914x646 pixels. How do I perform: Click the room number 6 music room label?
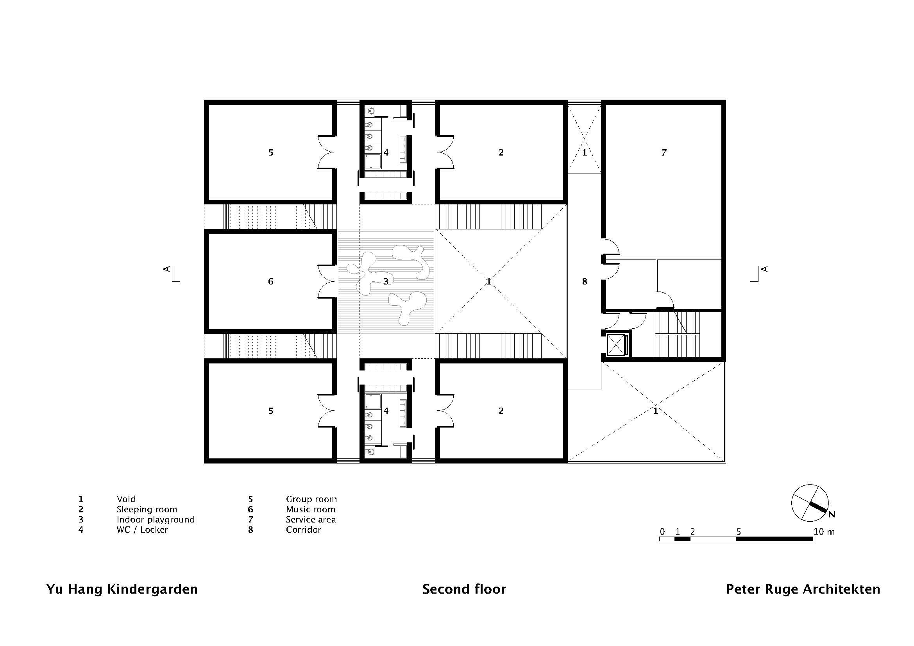(271, 282)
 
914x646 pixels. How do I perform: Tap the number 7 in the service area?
(664, 152)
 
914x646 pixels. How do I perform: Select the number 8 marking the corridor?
(584, 282)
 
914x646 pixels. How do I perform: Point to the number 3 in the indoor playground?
(386, 282)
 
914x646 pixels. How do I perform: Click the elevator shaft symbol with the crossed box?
(616, 344)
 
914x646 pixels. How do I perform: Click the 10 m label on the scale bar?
(824, 532)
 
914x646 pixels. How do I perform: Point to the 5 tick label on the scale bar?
(739, 532)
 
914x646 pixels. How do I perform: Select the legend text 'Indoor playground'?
(156, 520)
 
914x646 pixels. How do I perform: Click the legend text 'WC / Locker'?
(142, 530)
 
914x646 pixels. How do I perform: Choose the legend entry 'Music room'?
(311, 510)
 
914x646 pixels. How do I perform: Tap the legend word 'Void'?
(126, 499)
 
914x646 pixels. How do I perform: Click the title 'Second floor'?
(464, 589)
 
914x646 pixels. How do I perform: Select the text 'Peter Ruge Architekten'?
(803, 589)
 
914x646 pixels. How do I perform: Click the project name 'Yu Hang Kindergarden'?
(122, 589)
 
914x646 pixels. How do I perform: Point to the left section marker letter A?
(167, 269)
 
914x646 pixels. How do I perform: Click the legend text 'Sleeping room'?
(147, 510)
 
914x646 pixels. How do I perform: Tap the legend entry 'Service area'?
(311, 519)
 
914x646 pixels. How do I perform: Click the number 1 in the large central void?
(489, 282)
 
